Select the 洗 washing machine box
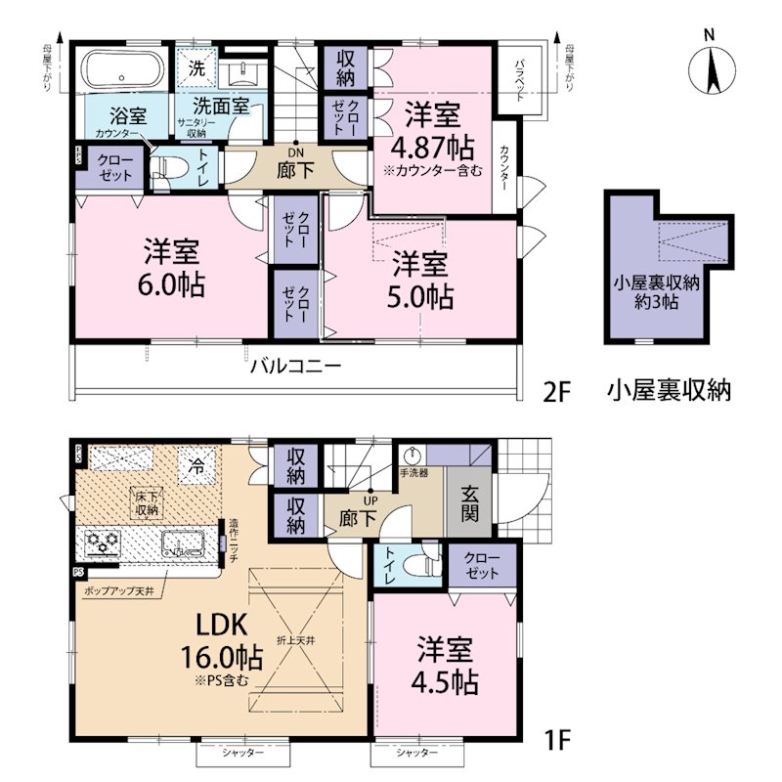196,70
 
